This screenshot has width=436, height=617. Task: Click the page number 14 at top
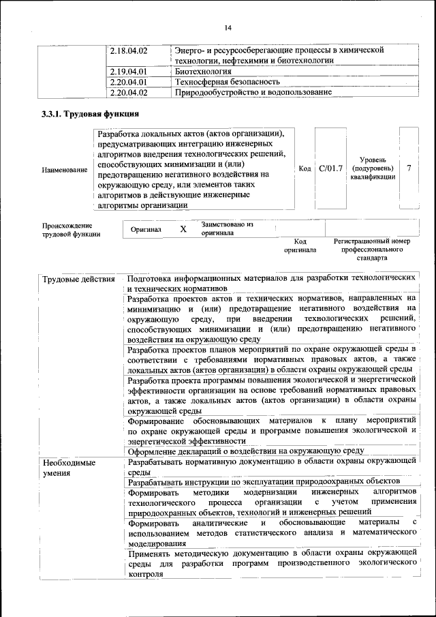pyautogui.click(x=228, y=27)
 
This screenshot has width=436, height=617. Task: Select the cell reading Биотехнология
pyautogui.click(x=202, y=71)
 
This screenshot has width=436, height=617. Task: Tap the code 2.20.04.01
pyautogui.click(x=129, y=81)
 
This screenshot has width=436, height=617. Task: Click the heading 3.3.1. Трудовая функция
pyautogui.click(x=91, y=115)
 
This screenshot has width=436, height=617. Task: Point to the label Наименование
pyautogui.click(x=65, y=169)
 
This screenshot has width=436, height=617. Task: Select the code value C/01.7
pyautogui.click(x=330, y=168)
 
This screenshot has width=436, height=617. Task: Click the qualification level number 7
pyautogui.click(x=408, y=168)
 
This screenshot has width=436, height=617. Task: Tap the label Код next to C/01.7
pyautogui.click(x=305, y=168)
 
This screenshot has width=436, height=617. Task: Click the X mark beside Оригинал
pyautogui.click(x=183, y=229)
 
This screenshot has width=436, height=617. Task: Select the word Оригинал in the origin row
pyautogui.click(x=146, y=229)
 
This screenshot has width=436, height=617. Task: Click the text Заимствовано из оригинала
pyautogui.click(x=227, y=228)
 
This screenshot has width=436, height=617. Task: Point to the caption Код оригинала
pyautogui.click(x=300, y=245)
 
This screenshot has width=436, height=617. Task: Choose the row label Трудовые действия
pyautogui.click(x=78, y=280)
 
